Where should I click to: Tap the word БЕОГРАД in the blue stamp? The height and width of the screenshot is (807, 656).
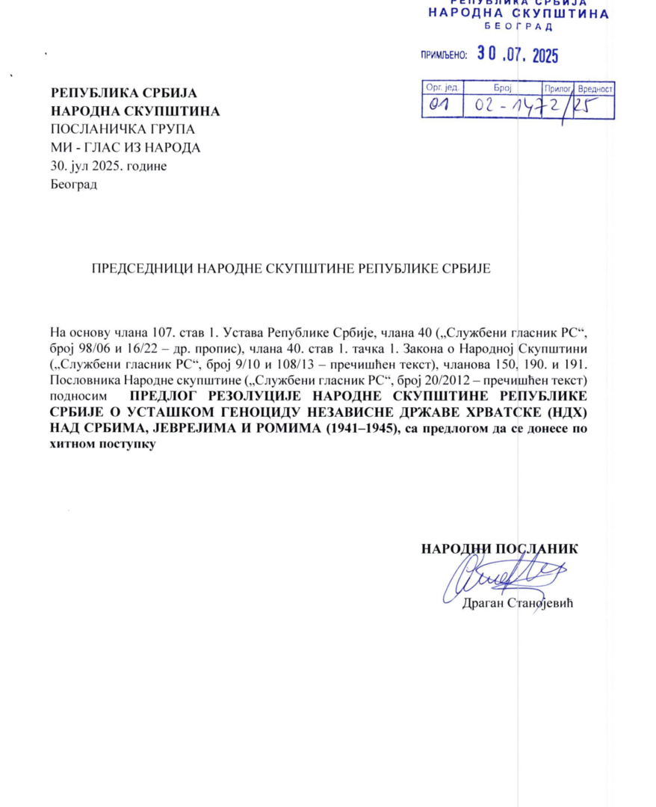pyautogui.click(x=518, y=27)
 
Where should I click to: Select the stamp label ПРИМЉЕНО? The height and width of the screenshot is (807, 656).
pyautogui.click(x=445, y=55)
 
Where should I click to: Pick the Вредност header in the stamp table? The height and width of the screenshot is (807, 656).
pyautogui.click(x=595, y=88)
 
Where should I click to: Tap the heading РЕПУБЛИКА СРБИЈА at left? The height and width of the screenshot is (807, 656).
pyautogui.click(x=123, y=94)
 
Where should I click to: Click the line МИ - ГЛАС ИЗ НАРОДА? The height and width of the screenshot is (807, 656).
pyautogui.click(x=125, y=148)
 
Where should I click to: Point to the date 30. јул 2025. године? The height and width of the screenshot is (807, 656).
pyautogui.click(x=108, y=166)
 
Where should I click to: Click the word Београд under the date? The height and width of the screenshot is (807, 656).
pyautogui.click(x=73, y=184)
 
